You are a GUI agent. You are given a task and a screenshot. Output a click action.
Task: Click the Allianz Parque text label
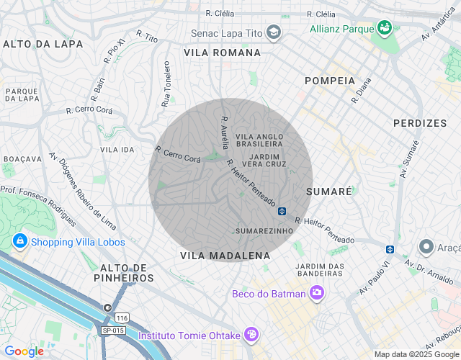(341, 29)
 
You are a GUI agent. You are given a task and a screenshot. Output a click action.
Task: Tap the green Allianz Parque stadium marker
(384, 28)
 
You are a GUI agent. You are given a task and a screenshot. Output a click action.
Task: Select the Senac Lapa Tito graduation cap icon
(273, 32)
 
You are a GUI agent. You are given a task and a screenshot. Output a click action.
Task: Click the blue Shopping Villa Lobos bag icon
(19, 242)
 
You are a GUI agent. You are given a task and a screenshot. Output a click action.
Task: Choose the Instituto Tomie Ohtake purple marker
(251, 334)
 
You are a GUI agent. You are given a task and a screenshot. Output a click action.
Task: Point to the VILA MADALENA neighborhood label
(225, 256)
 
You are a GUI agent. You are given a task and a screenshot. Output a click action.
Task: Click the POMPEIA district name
(330, 81)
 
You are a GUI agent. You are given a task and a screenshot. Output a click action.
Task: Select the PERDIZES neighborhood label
(420, 123)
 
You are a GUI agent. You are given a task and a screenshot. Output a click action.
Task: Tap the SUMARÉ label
(329, 192)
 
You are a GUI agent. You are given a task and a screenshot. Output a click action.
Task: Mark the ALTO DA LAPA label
(43, 44)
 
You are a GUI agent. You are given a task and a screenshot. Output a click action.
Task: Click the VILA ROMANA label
(222, 53)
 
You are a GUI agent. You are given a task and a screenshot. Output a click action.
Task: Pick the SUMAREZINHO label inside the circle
(264, 231)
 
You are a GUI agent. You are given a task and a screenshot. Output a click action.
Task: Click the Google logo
(24, 351)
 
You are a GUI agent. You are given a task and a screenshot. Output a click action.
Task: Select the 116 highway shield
(122, 318)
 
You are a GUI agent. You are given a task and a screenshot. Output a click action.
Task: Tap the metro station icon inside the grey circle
(282, 211)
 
